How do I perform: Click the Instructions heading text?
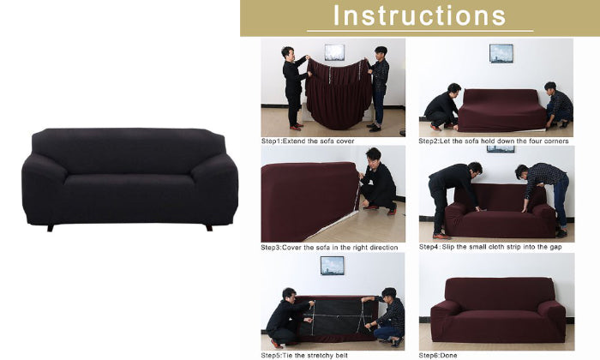click(420, 15)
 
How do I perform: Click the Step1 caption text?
click(308, 141)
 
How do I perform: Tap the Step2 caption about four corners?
click(494, 141)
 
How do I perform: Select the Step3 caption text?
click(329, 248)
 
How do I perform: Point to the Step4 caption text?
click(490, 247)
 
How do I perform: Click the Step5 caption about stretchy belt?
click(304, 356)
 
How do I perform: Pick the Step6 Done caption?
click(438, 356)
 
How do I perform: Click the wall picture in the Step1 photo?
click(334, 52)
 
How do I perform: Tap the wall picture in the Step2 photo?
click(501, 53)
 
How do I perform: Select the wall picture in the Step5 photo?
click(333, 266)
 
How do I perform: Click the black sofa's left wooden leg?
click(51, 228)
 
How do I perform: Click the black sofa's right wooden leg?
click(209, 228)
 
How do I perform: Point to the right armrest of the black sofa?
click(215, 188)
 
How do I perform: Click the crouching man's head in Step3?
click(373, 155)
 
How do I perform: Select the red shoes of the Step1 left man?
click(297, 126)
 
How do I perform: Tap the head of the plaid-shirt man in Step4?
click(521, 171)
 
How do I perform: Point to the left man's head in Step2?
click(453, 89)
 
